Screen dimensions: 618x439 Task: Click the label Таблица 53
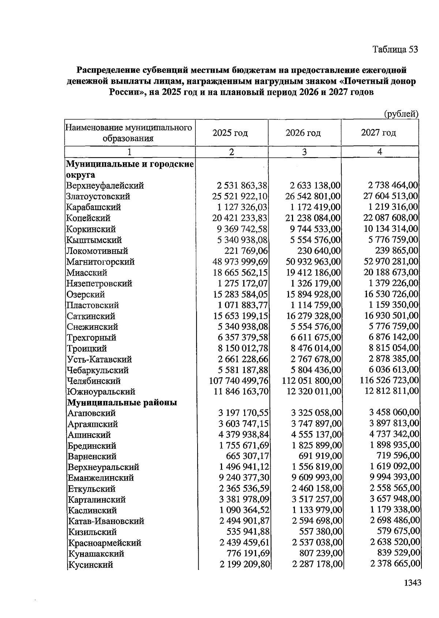coord(395,49)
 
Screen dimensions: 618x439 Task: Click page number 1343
coord(412,583)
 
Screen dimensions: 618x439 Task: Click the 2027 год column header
coord(378,133)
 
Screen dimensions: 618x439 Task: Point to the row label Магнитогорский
coord(101,262)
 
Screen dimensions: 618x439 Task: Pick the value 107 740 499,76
coord(239,381)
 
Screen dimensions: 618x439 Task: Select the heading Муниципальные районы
coord(122,403)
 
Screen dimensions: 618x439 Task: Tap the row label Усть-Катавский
coord(100,360)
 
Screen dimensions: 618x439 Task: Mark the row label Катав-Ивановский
coord(106,521)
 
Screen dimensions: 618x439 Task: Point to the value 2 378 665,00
coord(395,564)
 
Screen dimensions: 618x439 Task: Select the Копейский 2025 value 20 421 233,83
coord(240,218)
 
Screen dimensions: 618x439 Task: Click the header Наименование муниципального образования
coord(129,133)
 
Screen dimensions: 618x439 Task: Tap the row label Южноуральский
coord(101,392)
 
